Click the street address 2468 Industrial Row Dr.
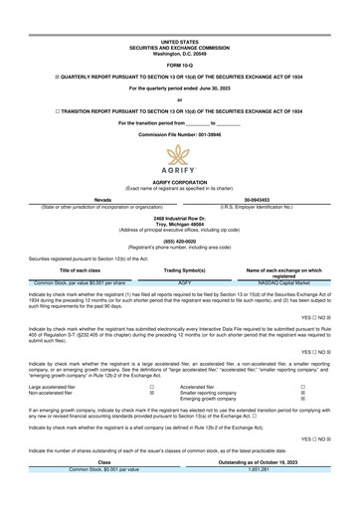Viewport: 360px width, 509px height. tap(179, 217)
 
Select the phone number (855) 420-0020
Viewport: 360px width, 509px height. tap(179, 240)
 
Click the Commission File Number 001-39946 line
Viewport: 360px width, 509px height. tap(179, 131)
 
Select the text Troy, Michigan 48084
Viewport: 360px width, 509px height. tap(179, 223)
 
